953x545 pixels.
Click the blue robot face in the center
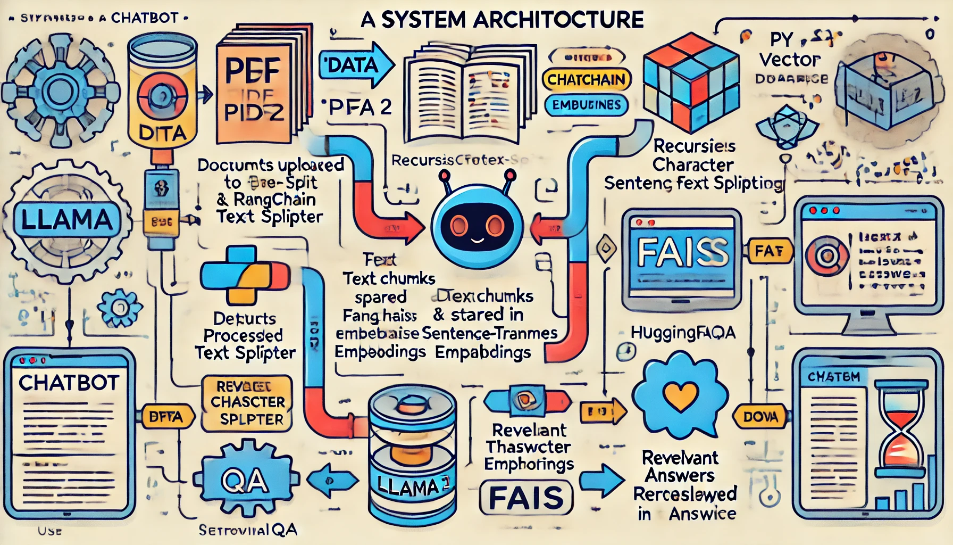tap(477, 224)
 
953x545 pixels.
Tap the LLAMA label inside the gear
tap(66, 219)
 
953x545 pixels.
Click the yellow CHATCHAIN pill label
tap(587, 80)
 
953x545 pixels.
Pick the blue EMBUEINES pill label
tap(586, 105)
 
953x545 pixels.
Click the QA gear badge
tap(245, 481)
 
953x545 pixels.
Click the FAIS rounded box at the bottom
tap(526, 498)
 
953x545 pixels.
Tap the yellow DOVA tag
tap(760, 417)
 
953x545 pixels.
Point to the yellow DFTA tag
tap(165, 417)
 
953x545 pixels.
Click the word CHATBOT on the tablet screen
tap(69, 382)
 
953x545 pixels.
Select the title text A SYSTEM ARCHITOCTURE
tap(502, 20)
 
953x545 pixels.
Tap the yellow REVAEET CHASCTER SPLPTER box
tap(247, 402)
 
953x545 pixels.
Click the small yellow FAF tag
tap(769, 250)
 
